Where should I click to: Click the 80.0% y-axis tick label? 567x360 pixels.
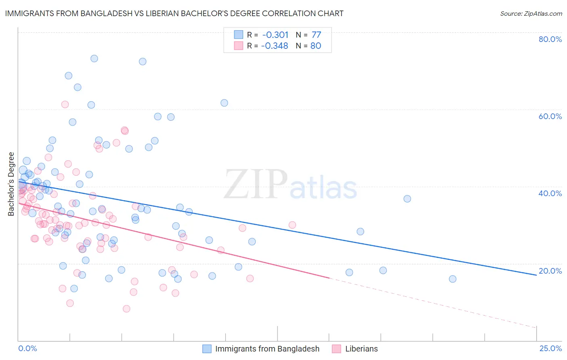[x=550, y=39]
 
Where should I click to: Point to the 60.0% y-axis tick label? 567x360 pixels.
[x=550, y=116]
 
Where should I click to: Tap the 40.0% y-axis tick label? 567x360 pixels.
[x=550, y=193]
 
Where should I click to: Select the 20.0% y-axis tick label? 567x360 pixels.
[x=550, y=271]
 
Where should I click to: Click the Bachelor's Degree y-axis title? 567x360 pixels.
[x=11, y=184]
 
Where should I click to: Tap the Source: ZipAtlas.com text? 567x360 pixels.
[x=531, y=13]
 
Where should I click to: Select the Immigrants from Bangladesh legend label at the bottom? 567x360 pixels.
[x=267, y=349]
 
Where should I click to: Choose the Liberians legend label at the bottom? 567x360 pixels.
[x=361, y=349]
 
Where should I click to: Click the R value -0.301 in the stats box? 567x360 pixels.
[x=275, y=35]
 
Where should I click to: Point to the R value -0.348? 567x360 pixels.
[x=275, y=46]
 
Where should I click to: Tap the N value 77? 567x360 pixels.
[x=316, y=35]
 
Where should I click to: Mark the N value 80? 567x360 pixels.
[x=316, y=46]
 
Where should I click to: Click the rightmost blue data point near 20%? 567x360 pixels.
[x=452, y=279]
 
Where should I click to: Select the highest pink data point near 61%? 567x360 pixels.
[x=65, y=105]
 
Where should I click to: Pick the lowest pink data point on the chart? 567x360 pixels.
[x=126, y=309]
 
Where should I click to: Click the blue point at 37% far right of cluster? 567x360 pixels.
[x=407, y=199]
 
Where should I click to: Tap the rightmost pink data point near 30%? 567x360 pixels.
[x=292, y=225]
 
